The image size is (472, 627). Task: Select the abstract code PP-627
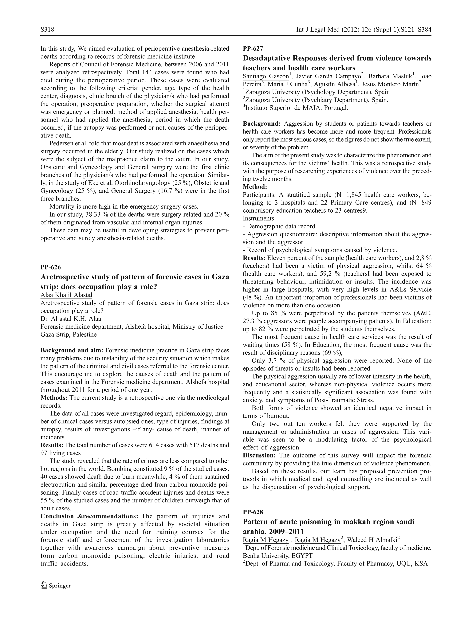coord(253,49)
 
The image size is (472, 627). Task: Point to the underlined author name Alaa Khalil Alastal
coord(66,295)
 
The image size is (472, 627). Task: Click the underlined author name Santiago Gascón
coord(265,76)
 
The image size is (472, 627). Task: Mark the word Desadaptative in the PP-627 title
coord(266,58)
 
